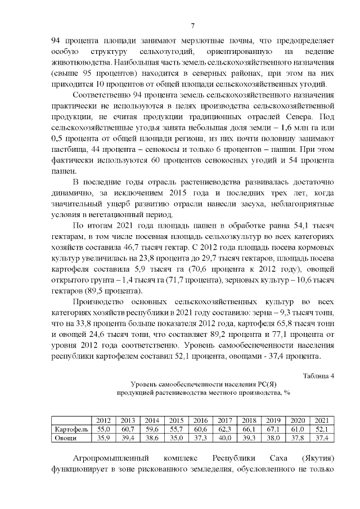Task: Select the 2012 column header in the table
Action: tap(103, 420)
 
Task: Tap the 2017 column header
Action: tap(225, 420)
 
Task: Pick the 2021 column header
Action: tap(322, 420)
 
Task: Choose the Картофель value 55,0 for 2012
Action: tap(103, 429)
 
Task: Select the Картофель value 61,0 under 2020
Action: tap(298, 429)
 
